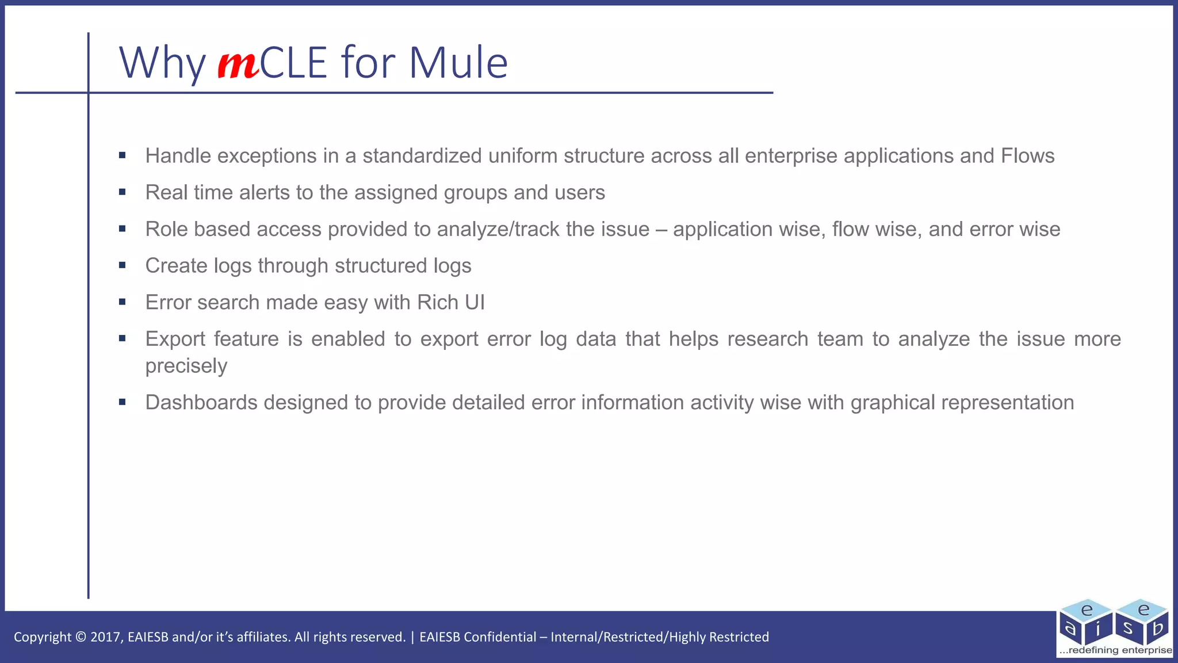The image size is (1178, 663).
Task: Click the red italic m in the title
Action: coord(238,64)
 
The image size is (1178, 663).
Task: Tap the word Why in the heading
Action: coord(162,63)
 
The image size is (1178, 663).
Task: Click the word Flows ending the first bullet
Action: coord(1027,156)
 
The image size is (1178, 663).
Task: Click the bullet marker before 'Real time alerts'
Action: coord(123,192)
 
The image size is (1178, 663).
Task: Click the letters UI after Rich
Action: coord(475,303)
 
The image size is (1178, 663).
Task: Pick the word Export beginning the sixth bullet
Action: coord(175,339)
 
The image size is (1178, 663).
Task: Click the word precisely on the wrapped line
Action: coord(186,366)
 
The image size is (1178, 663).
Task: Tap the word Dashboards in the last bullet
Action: coord(201,402)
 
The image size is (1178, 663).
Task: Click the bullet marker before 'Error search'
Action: coord(123,302)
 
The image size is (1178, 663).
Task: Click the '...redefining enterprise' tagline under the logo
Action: coord(1115,650)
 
